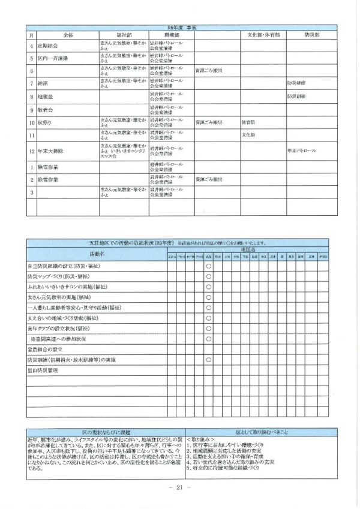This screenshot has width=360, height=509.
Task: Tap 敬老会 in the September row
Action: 46,110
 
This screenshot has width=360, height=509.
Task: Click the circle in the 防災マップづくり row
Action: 208,276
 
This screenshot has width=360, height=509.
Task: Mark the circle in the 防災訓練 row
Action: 208,360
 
